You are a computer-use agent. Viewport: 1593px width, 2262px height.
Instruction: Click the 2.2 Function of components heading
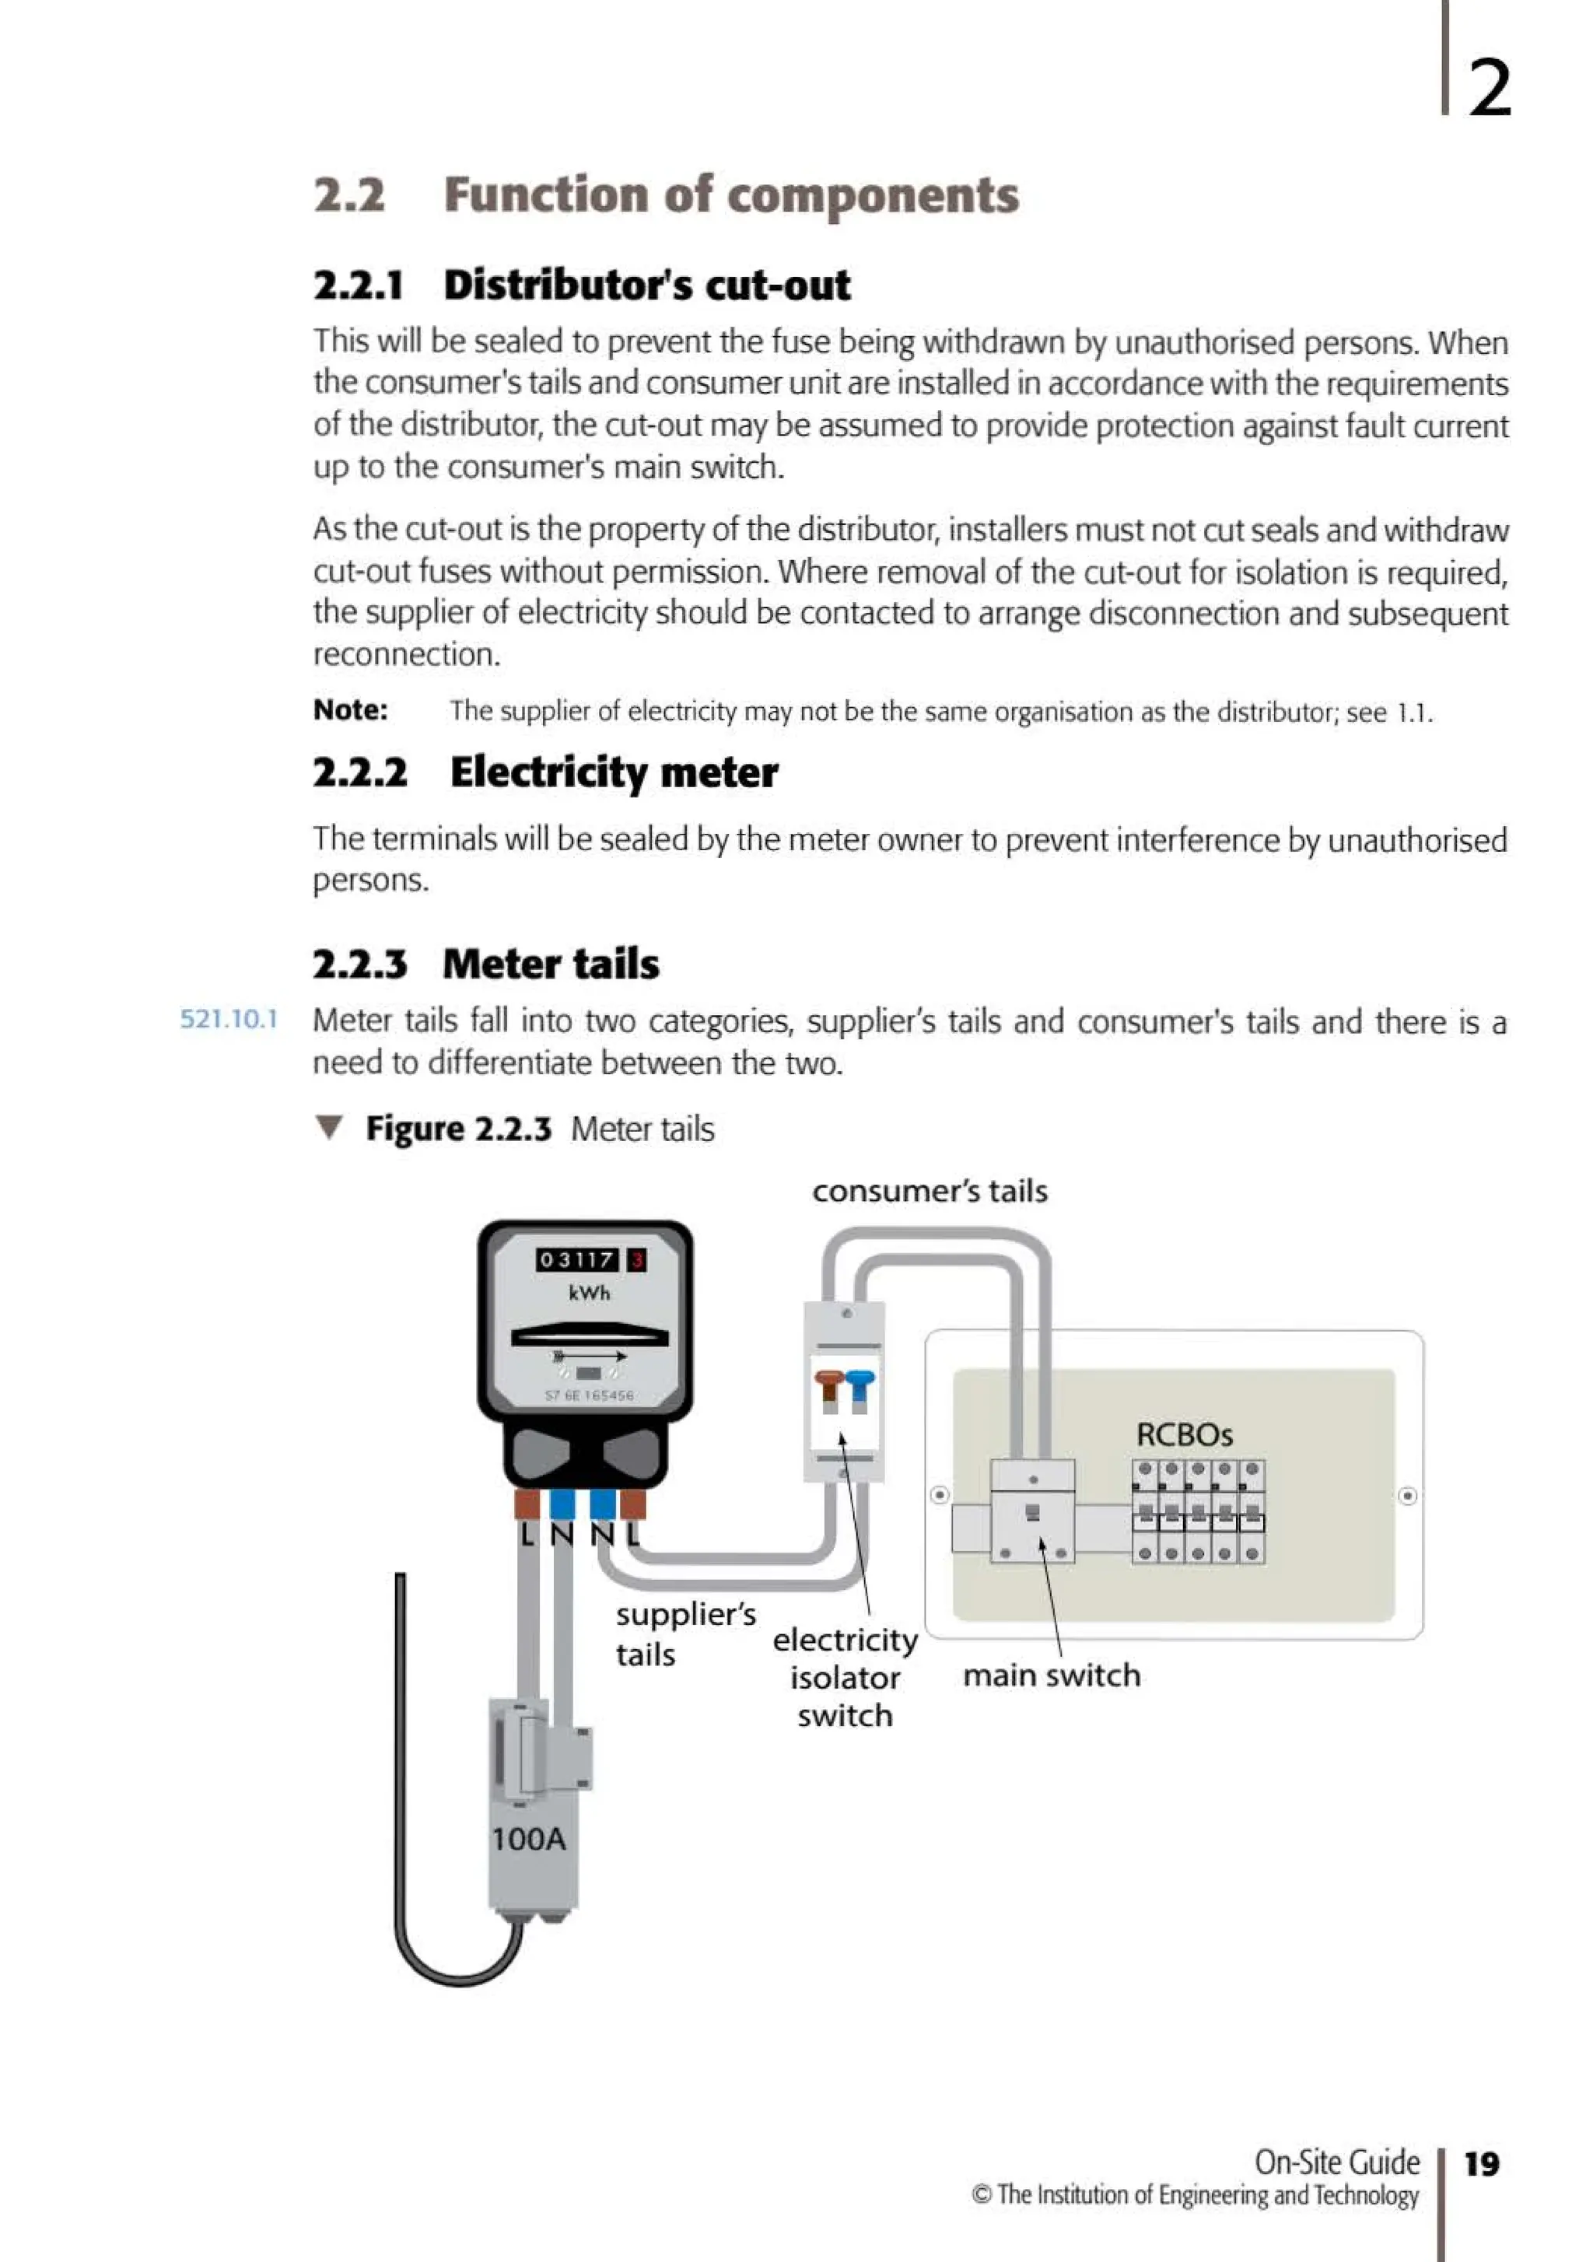[666, 194]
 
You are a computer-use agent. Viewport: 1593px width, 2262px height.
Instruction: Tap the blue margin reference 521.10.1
[229, 1019]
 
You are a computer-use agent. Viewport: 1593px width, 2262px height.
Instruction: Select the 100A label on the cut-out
[528, 1838]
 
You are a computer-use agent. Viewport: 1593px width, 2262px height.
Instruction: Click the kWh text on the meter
[589, 1293]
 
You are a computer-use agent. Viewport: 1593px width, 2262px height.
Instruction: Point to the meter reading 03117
[577, 1259]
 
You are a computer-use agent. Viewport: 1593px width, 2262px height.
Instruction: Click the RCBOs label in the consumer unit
[1184, 1434]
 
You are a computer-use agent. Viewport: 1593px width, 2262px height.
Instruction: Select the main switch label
[1051, 1675]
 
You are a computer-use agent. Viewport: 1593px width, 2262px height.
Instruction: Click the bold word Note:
[351, 709]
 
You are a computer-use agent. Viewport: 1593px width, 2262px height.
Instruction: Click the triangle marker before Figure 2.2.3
[330, 1127]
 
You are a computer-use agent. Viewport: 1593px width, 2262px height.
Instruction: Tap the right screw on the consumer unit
[1408, 1496]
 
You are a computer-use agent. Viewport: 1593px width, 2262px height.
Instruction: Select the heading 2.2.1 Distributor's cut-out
[581, 285]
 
